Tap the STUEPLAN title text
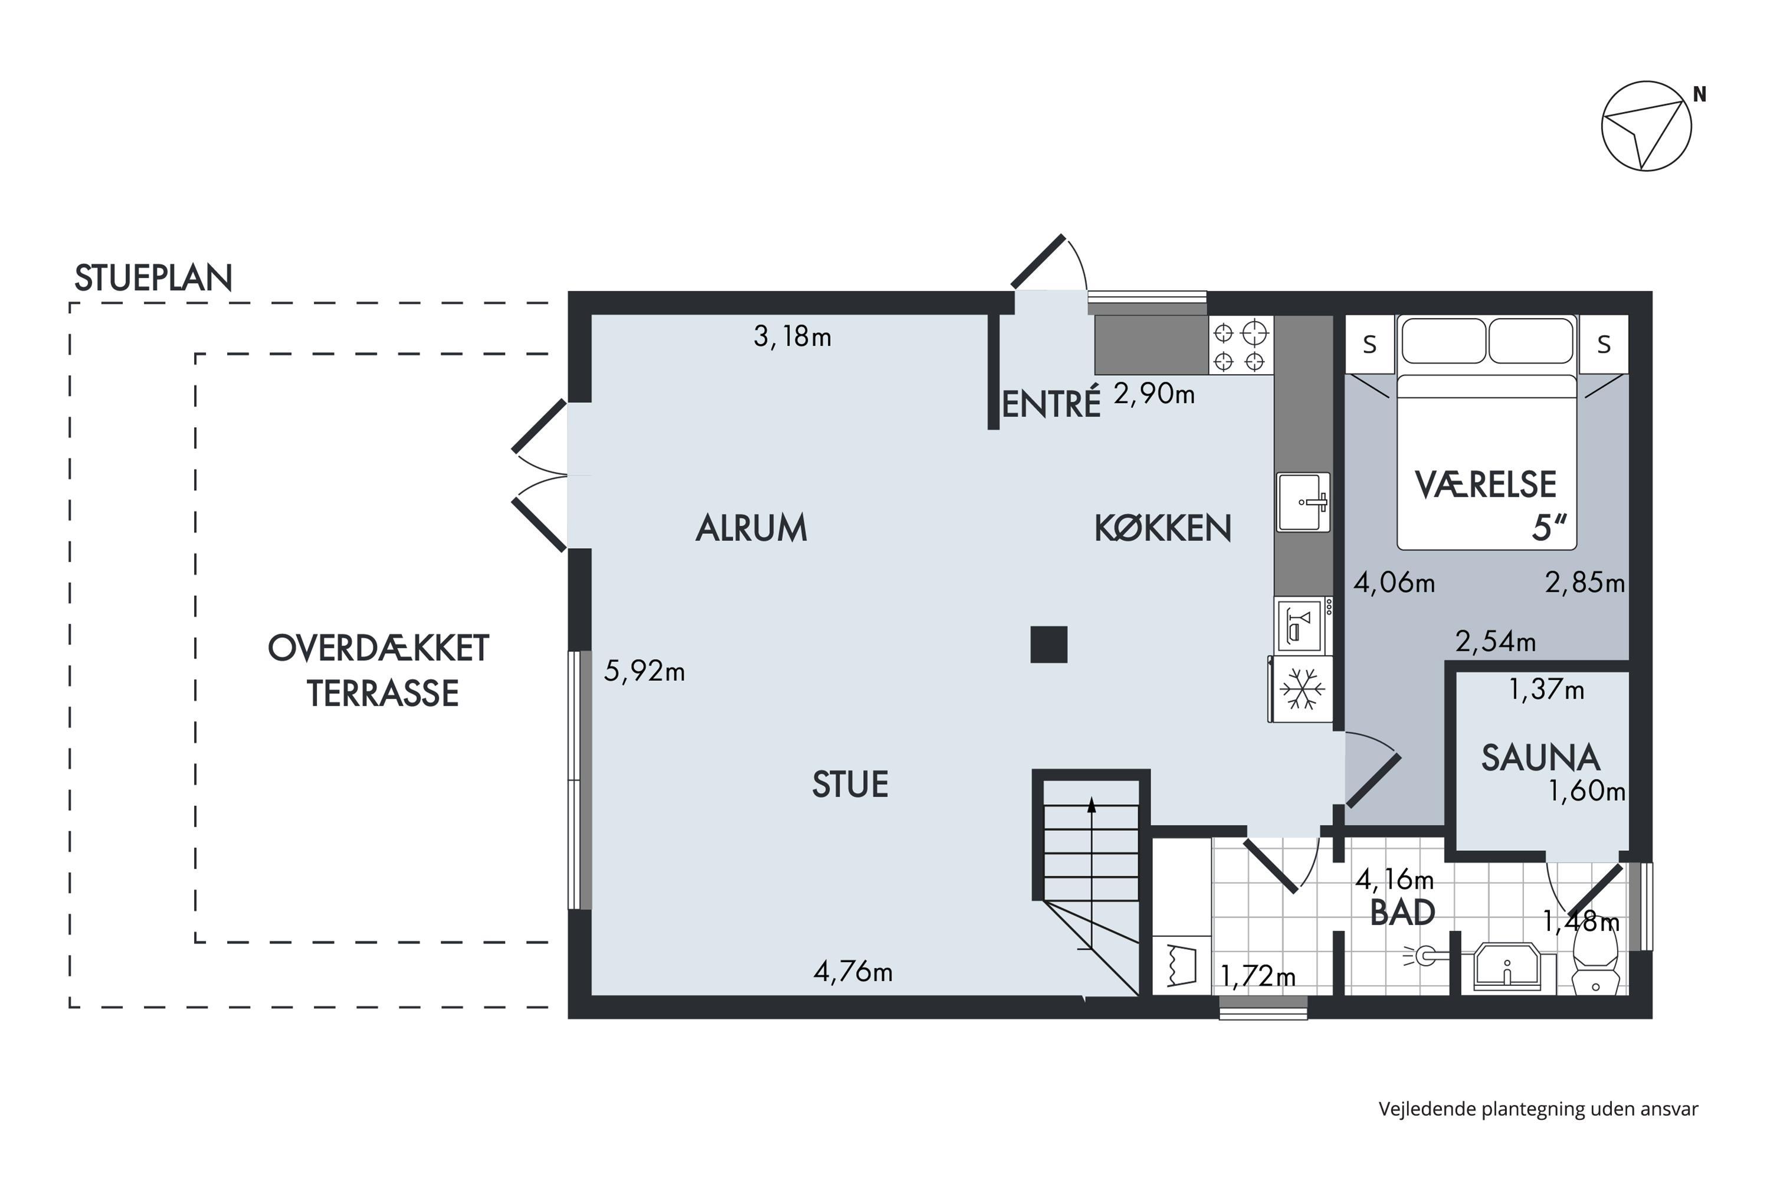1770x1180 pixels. [153, 278]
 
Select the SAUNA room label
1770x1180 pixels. [1540, 758]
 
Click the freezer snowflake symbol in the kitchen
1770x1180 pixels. [1302, 689]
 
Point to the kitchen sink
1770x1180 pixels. [1303, 502]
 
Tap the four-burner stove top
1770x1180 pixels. [1241, 345]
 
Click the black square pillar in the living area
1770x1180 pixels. [1049, 645]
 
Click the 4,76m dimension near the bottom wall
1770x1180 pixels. [853, 972]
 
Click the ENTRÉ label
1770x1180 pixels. [1051, 404]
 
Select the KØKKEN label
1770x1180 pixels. [1163, 528]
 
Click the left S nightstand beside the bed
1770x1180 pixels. [1369, 345]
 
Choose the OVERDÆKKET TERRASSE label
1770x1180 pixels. [379, 670]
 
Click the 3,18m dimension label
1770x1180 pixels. [792, 336]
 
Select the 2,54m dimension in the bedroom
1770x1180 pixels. [1495, 641]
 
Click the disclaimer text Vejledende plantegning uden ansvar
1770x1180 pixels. [1538, 1109]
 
